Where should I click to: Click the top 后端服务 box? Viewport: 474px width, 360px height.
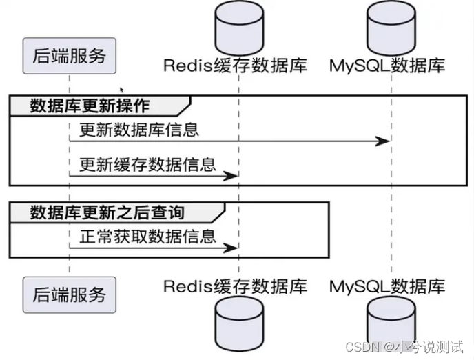coord(69,56)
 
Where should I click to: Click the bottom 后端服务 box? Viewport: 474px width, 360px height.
coord(69,294)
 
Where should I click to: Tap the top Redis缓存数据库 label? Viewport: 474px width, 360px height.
coord(235,66)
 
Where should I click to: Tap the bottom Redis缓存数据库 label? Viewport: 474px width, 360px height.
coord(235,285)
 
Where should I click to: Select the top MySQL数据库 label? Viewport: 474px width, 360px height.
coord(387,66)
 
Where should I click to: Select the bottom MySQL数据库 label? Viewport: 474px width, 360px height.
coord(387,285)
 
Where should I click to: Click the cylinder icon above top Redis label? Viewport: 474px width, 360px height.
coord(238,26)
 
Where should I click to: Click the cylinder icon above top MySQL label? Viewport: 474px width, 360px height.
coord(391,26)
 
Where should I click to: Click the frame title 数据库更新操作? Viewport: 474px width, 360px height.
coord(90,106)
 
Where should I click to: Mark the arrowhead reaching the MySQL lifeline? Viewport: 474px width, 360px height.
coord(383,141)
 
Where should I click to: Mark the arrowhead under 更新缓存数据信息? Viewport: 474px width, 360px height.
coord(231,177)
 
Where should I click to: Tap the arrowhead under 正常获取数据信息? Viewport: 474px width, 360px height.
coord(231,248)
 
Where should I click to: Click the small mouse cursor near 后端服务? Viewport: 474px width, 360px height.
coord(122,90)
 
